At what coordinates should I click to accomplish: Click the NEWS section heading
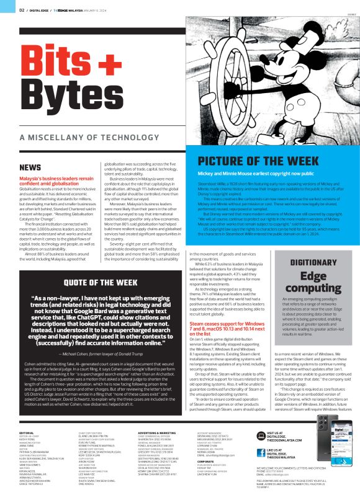(30, 167)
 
